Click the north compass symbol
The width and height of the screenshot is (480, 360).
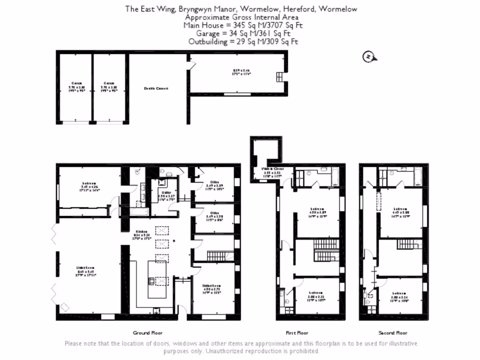pos(369,57)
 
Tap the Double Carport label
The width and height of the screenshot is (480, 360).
pos(156,88)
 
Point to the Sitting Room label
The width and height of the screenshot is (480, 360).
pos(212,285)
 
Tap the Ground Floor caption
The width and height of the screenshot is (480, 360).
pos(148,333)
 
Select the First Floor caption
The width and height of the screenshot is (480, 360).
pos(297,333)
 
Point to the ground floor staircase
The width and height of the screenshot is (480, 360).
pos(216,256)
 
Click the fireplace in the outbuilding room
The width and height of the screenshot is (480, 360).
pos(280,77)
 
